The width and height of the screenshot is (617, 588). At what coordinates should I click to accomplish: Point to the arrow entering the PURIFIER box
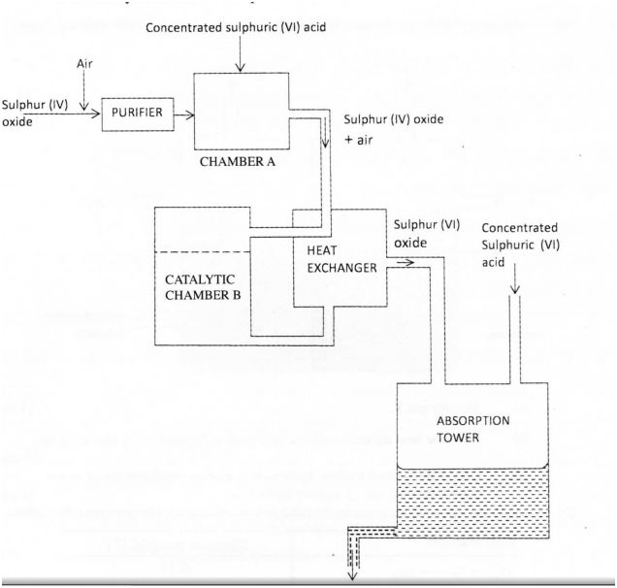(x=92, y=114)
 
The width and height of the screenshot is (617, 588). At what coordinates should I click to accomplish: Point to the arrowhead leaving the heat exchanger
(x=402, y=260)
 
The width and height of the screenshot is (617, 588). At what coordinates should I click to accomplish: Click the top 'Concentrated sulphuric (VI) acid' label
(x=234, y=26)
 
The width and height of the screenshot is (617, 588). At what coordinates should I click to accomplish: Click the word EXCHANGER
(x=338, y=269)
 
